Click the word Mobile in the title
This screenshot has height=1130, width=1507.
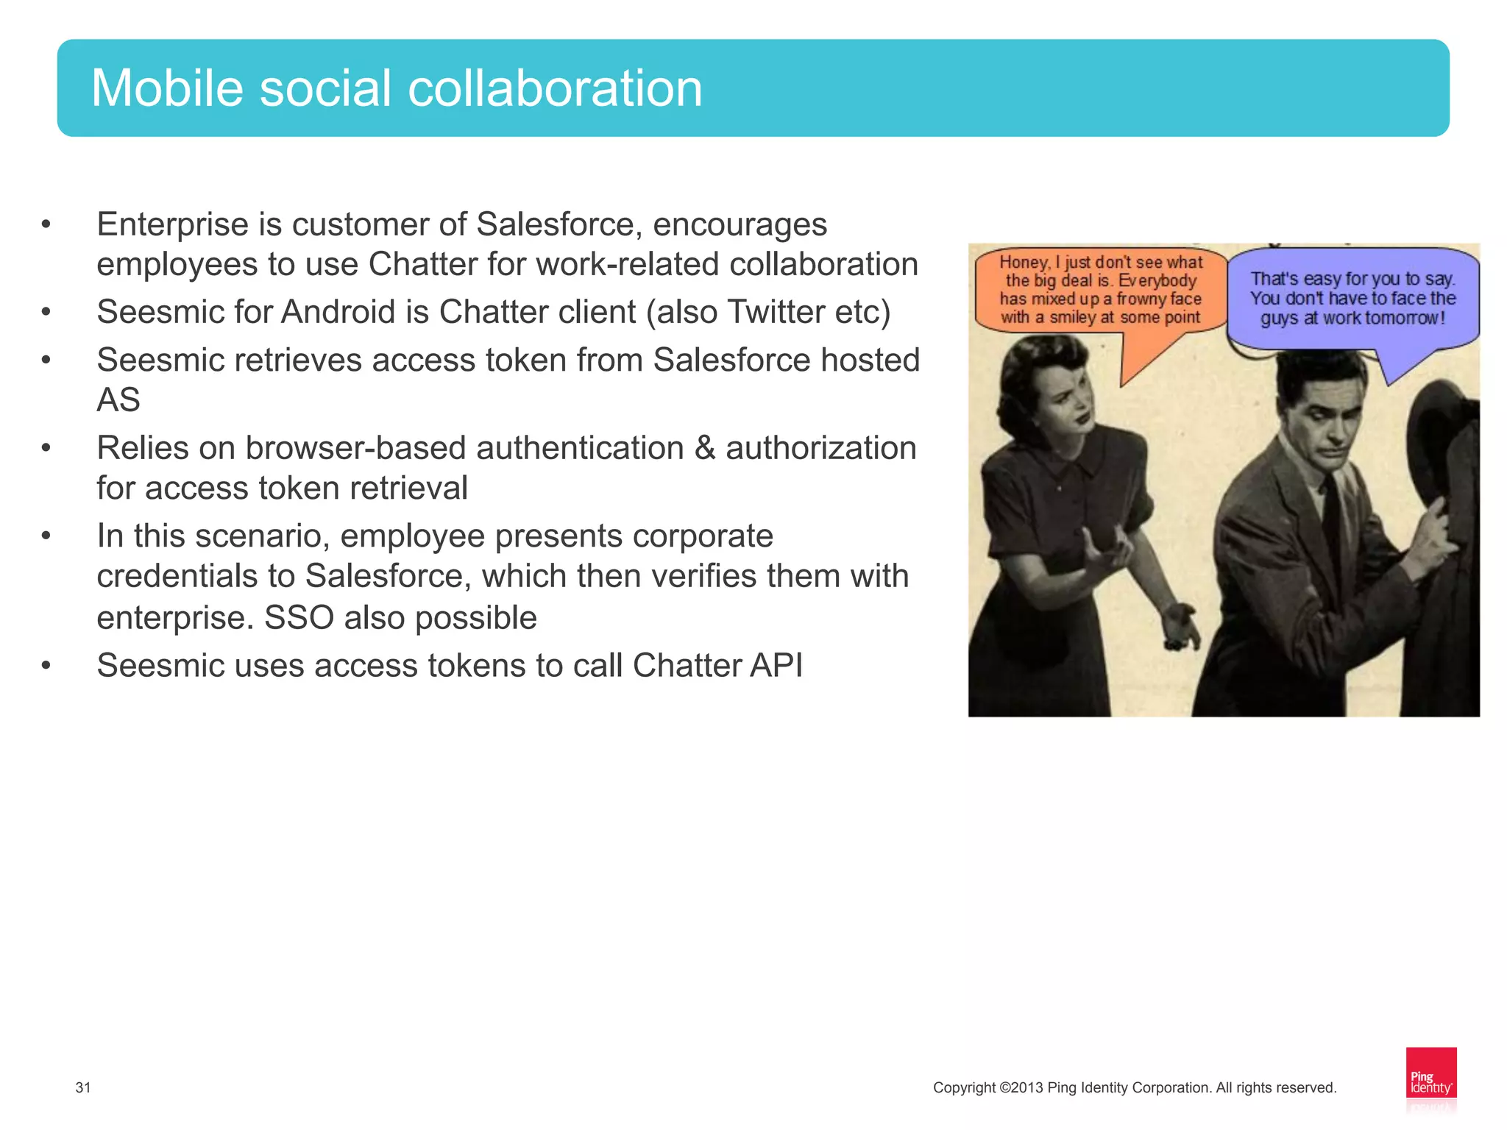[167, 88]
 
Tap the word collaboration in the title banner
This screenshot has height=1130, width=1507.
[555, 88]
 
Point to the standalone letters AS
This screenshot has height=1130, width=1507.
[118, 400]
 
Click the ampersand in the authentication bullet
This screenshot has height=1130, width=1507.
[704, 448]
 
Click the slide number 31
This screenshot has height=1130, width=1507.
[83, 1087]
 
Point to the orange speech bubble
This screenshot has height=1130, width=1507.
[1100, 291]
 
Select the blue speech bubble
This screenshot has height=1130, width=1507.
[1352, 298]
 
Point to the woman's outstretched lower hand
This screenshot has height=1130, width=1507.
[1181, 625]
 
